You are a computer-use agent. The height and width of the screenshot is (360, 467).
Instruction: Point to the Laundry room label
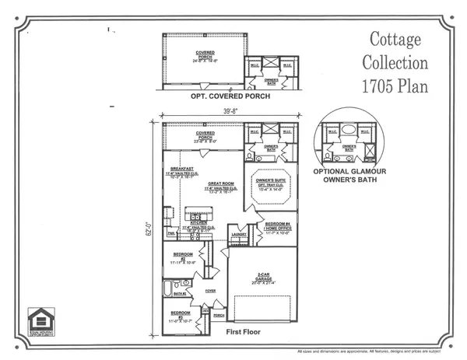[238, 231]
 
